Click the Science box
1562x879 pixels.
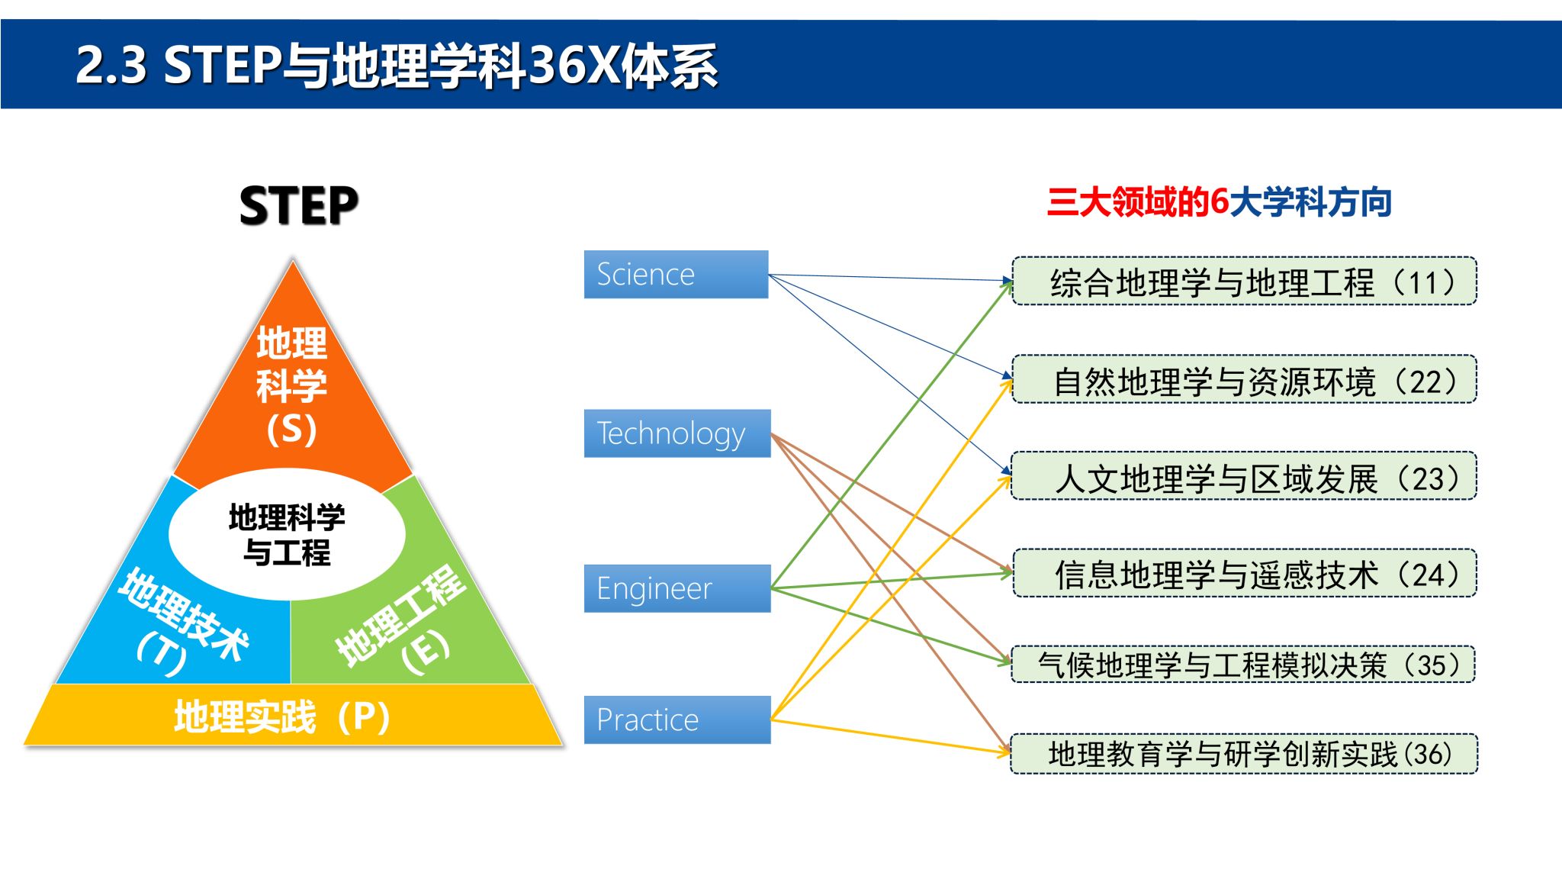pyautogui.click(x=676, y=274)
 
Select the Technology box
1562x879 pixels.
pyautogui.click(x=677, y=433)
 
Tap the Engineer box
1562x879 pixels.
pyautogui.click(x=677, y=588)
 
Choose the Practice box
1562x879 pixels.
pyautogui.click(x=677, y=720)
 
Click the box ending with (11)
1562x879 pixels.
pyautogui.click(x=1244, y=282)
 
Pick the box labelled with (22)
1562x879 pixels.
pyautogui.click(x=1244, y=379)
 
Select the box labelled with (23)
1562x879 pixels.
pyautogui.click(x=1244, y=476)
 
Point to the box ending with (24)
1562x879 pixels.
pyautogui.click(x=1244, y=573)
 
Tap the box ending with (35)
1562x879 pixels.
pyautogui.click(x=1244, y=664)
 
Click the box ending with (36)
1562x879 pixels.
pyautogui.click(x=1244, y=754)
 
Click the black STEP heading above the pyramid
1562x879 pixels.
pyautogui.click(x=298, y=206)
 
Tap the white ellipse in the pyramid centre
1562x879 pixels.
pyautogui.click(x=287, y=534)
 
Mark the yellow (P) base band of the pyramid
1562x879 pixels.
pyautogui.click(x=292, y=716)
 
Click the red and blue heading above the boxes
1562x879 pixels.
pyautogui.click(x=1219, y=202)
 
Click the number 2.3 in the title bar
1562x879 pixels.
pyautogui.click(x=111, y=65)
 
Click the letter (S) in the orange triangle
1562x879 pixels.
pyautogui.click(x=291, y=429)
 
